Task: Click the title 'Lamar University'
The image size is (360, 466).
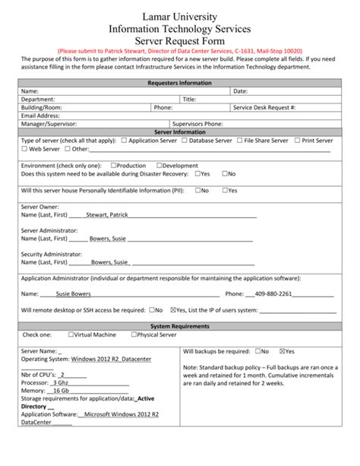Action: [x=180, y=17]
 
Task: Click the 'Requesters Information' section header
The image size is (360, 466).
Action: [x=180, y=83]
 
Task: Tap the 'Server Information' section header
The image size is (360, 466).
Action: [x=180, y=132]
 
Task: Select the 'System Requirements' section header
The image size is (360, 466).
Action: [x=180, y=326]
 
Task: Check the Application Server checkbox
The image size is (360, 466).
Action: [x=125, y=141]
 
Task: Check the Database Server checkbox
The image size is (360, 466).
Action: [x=184, y=141]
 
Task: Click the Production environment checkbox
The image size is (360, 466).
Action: [x=113, y=165]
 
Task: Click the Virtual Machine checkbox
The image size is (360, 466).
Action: [x=71, y=334]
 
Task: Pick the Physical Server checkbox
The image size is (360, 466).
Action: [x=134, y=334]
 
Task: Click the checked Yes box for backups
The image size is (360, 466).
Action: [x=283, y=351]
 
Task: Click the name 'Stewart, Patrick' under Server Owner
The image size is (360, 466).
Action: [x=107, y=215]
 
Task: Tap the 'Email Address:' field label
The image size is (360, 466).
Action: [x=41, y=116]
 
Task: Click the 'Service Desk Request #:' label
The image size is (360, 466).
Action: [x=264, y=108]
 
